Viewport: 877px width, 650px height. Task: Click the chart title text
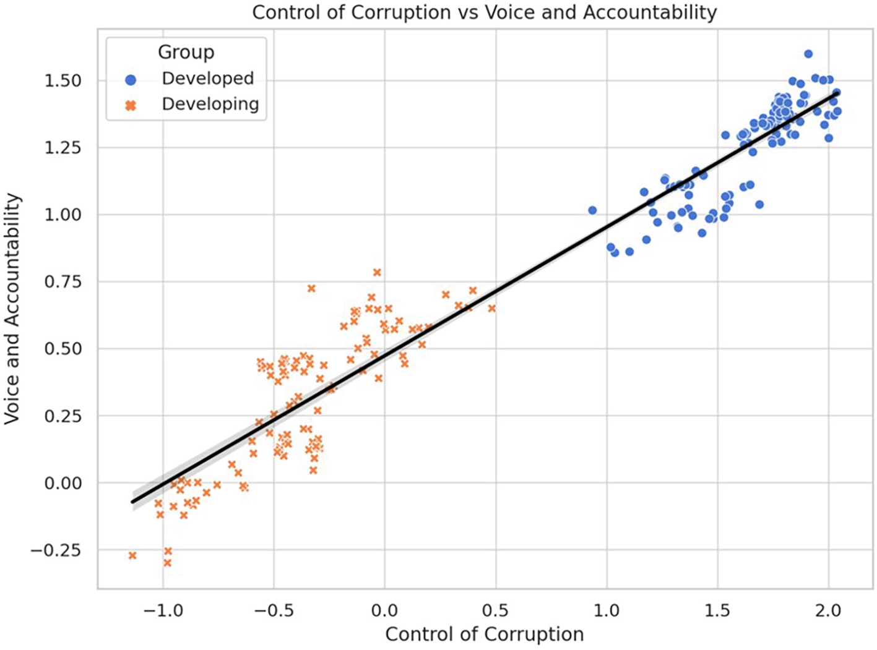tap(484, 12)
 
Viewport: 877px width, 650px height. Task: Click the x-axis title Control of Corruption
tap(484, 635)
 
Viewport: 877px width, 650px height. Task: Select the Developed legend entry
tap(207, 79)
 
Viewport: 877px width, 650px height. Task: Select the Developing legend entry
tap(210, 104)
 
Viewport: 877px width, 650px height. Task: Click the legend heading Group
tap(186, 52)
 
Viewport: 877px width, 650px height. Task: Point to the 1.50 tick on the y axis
tap(63, 81)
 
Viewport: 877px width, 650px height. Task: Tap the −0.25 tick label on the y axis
tap(56, 550)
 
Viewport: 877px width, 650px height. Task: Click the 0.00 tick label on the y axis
tap(63, 483)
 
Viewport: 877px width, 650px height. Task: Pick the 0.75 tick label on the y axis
tap(63, 282)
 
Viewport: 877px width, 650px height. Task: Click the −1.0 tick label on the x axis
tap(163, 611)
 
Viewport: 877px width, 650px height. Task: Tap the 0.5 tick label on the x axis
tap(495, 611)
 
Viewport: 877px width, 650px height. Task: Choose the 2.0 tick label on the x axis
tap(828, 611)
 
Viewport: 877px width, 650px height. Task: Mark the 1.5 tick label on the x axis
tap(717, 611)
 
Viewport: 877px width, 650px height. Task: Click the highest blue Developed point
tap(808, 54)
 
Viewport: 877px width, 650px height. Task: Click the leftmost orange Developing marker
tap(132, 555)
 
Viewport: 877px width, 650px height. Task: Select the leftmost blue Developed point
tap(592, 210)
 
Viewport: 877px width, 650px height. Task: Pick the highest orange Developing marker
tap(377, 272)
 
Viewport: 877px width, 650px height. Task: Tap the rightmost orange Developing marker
tap(492, 308)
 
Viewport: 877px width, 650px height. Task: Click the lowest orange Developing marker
tap(167, 563)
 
